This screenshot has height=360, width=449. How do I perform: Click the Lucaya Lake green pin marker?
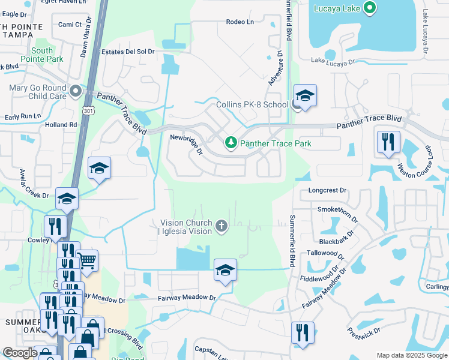click(x=370, y=8)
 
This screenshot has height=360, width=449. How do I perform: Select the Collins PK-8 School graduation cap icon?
click(x=305, y=96)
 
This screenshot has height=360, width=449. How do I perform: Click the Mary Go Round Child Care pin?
click(x=75, y=91)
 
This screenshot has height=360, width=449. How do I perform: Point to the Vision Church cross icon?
click(x=221, y=226)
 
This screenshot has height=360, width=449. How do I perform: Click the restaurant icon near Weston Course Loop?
click(x=388, y=142)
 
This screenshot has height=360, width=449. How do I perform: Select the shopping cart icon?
click(x=87, y=261)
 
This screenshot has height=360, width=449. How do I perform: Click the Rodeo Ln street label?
click(x=240, y=22)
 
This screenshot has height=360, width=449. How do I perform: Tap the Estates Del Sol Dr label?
click(x=128, y=52)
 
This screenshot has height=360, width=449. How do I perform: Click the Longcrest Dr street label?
click(x=327, y=190)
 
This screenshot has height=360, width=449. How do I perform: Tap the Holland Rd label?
click(x=61, y=125)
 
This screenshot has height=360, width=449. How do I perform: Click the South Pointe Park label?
click(x=46, y=55)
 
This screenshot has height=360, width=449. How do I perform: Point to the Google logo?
click(x=20, y=353)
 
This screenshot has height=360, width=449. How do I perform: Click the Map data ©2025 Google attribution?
click(x=412, y=355)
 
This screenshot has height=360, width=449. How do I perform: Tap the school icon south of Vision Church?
click(x=225, y=270)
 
